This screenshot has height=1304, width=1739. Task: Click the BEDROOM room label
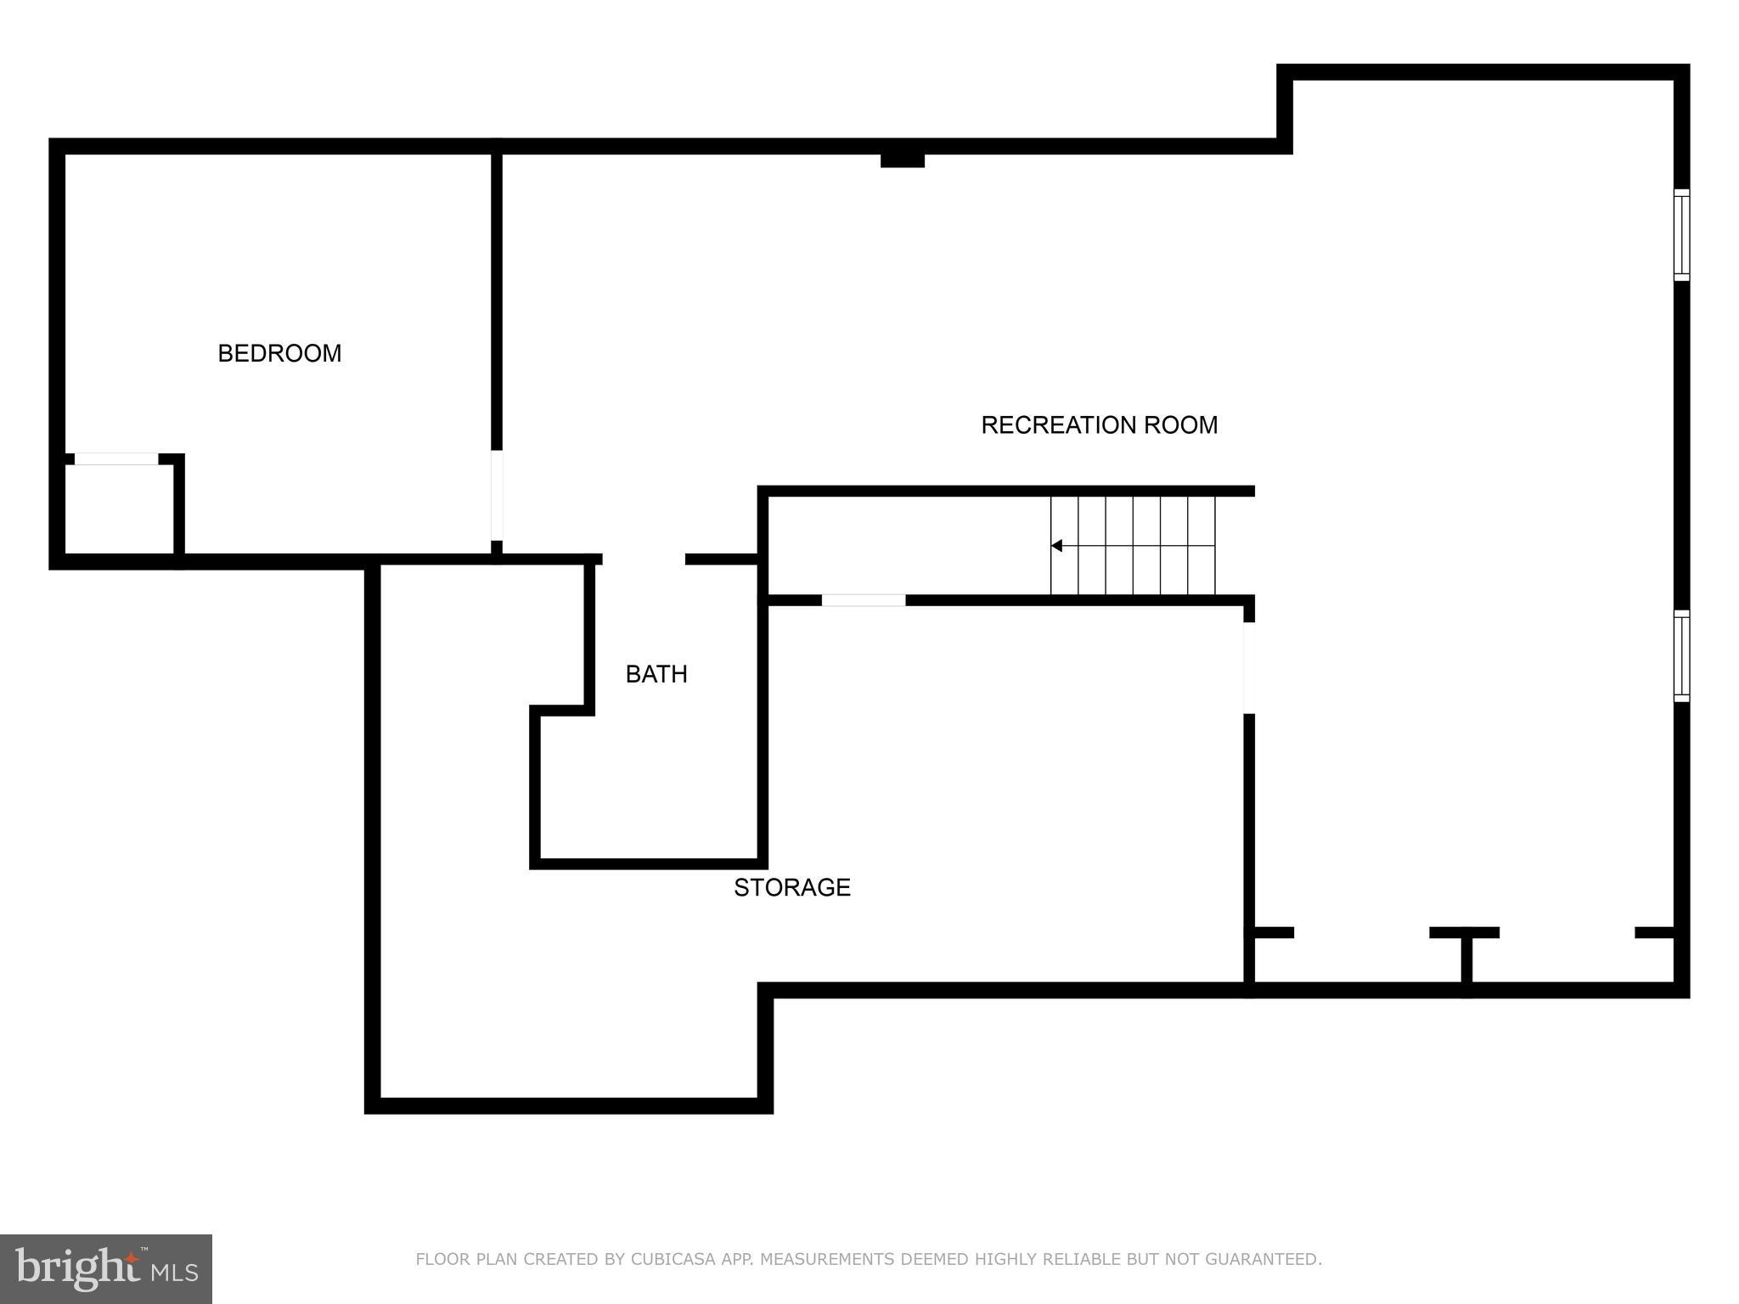tap(279, 353)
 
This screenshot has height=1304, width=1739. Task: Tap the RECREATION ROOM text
tap(1099, 424)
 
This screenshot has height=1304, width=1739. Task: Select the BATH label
tap(656, 674)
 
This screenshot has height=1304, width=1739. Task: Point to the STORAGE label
tap(791, 887)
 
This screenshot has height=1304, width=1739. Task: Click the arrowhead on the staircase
tap(1057, 546)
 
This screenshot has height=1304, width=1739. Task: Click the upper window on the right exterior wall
tap(1681, 234)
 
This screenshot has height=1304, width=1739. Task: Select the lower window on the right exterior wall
tap(1681, 655)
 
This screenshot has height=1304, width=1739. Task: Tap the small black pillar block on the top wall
tap(902, 160)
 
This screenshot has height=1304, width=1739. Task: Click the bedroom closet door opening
tap(116, 459)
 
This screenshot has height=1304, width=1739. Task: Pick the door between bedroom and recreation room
tap(497, 495)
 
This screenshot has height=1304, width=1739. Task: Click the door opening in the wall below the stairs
tap(863, 600)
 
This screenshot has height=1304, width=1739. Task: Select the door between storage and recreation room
tap(1249, 668)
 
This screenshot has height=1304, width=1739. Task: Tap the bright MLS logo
tap(105, 1268)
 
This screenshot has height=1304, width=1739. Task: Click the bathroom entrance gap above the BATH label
tap(644, 559)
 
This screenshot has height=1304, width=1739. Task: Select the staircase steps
tap(1133, 546)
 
